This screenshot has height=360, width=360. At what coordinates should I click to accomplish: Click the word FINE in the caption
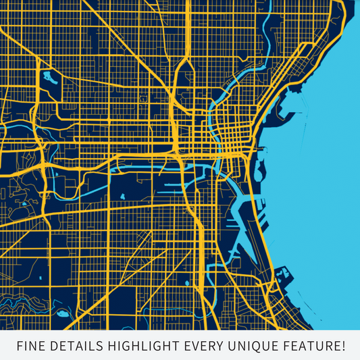pyautogui.click(x=31, y=346)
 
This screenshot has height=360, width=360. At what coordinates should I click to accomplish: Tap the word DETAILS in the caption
pyautogui.click(x=77, y=346)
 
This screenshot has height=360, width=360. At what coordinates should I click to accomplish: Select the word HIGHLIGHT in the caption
pyautogui.click(x=143, y=346)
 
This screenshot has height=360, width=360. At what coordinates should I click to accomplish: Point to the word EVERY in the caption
pyautogui.click(x=205, y=346)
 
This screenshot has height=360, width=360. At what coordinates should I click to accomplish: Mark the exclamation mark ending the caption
pyautogui.click(x=343, y=346)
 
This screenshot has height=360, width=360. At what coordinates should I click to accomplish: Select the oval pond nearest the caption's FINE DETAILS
pyautogui.click(x=63, y=313)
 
